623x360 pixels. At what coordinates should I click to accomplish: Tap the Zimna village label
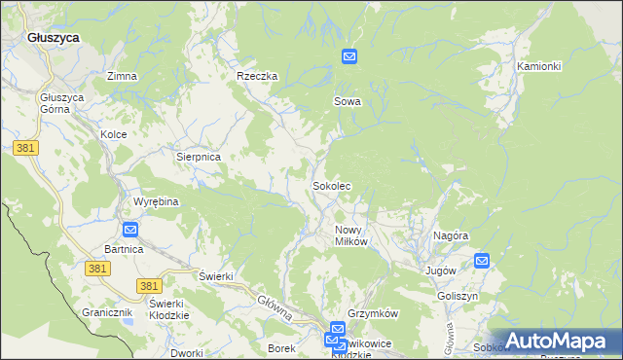pos(122,76)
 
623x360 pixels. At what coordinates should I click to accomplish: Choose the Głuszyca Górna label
pos(62,104)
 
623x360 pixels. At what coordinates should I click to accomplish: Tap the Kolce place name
pos(114,134)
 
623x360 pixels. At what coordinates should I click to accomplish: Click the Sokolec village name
pos(331,185)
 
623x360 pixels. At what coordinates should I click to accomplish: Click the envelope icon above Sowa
pos(349,57)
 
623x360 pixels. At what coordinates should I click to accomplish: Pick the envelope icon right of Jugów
pos(482,260)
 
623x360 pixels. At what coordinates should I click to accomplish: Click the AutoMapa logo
pos(555,341)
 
